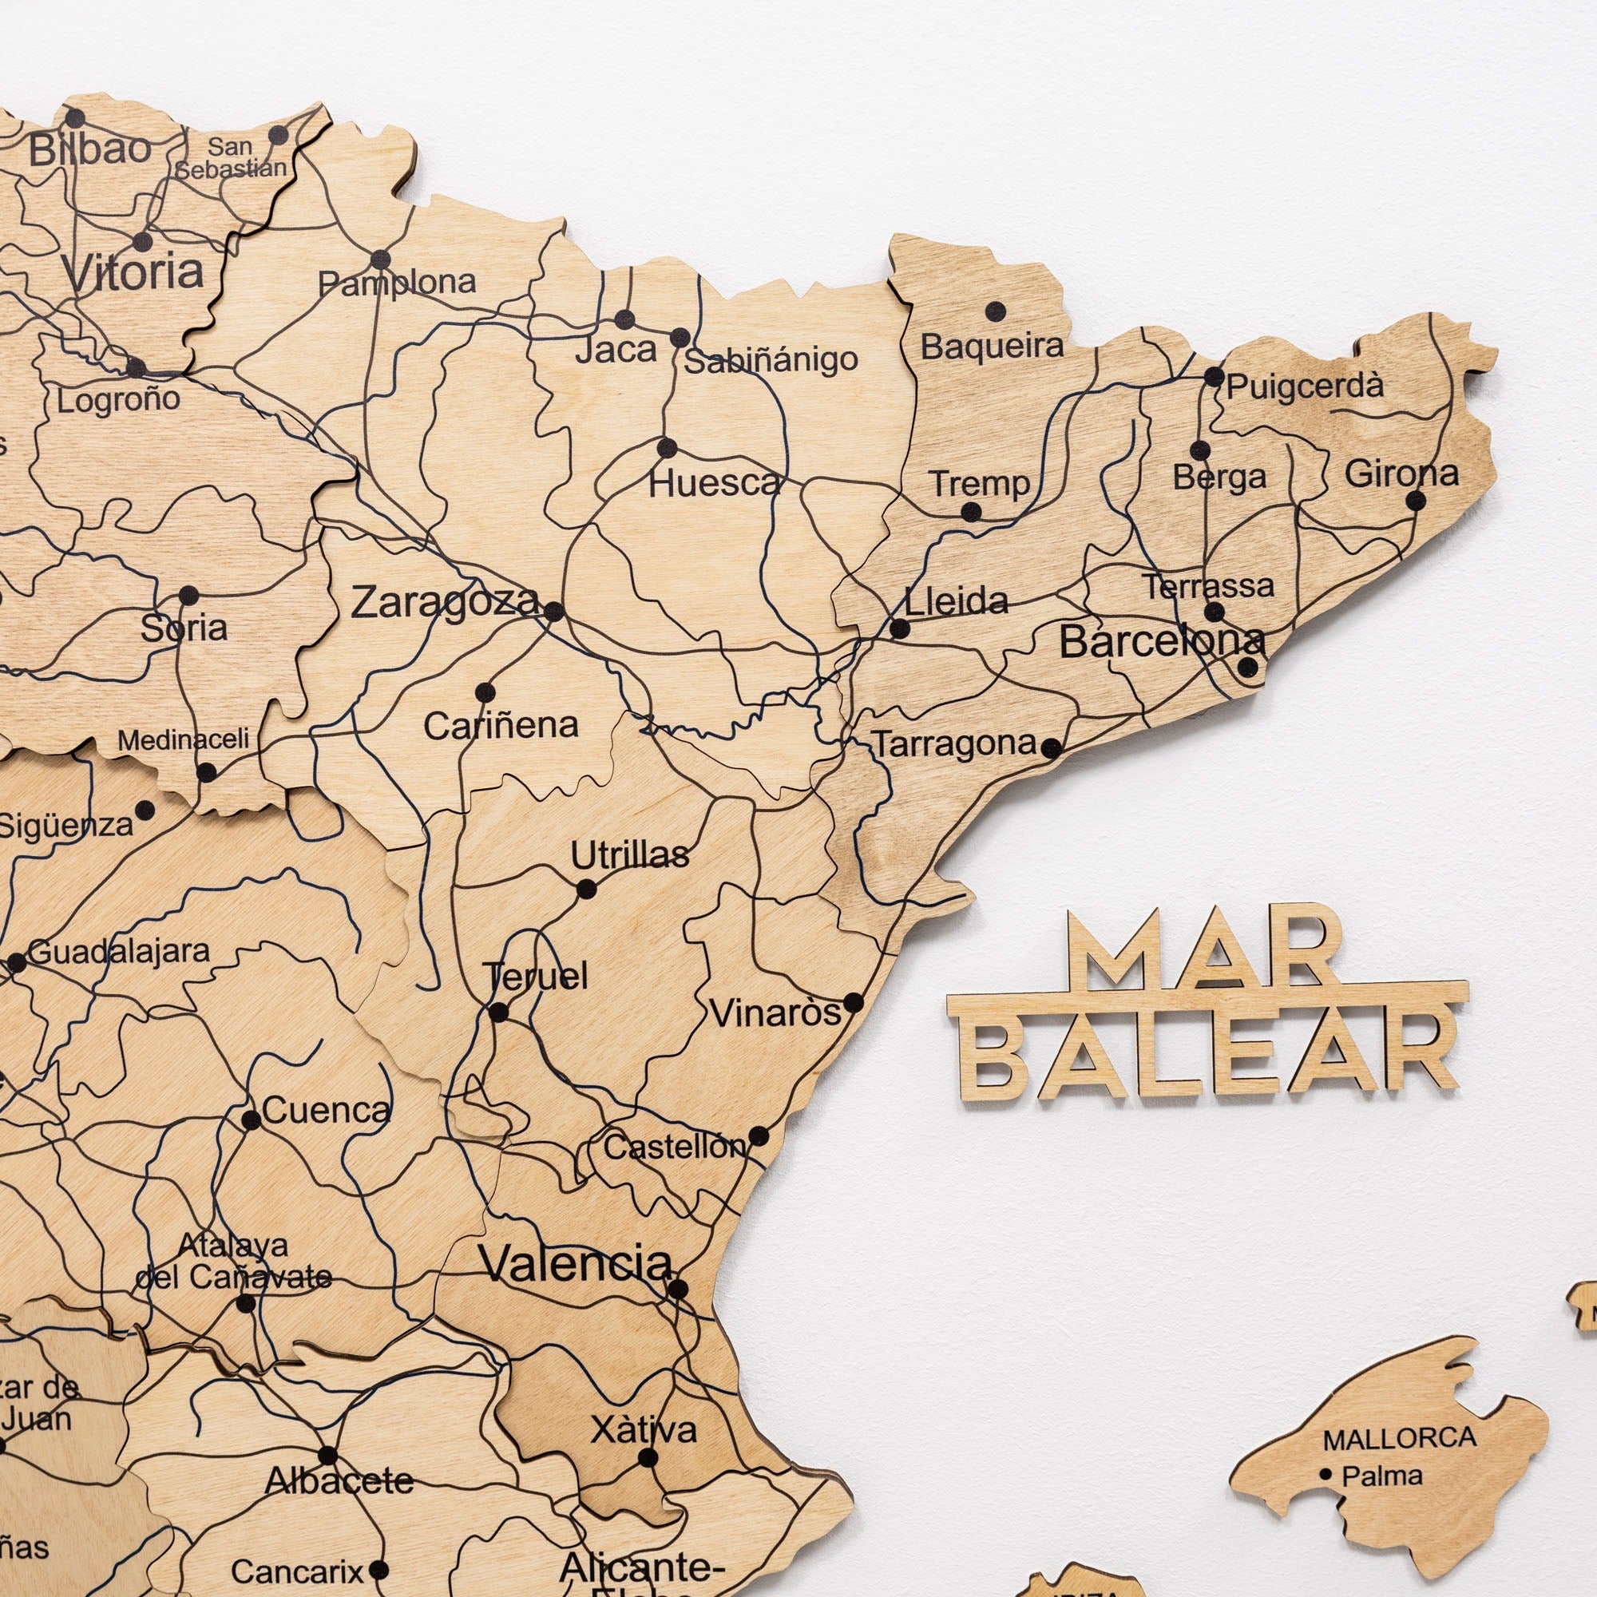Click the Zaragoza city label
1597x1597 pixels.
tap(444, 602)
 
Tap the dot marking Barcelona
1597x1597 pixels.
tap(1249, 667)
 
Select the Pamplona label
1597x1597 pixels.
tap(398, 283)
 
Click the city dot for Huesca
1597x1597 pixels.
tap(667, 448)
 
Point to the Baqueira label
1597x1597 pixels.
tap(992, 347)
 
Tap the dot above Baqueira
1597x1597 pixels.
tap(996, 311)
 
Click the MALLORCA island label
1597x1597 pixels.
tap(1400, 1439)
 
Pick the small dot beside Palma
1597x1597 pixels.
tap(1326, 1473)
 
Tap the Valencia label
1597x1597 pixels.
tap(577, 1262)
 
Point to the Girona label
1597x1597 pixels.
tap(1401, 474)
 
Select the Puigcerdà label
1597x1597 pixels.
tap(1305, 386)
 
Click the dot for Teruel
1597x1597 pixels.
tap(498, 1012)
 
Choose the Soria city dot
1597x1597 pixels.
tap(188, 595)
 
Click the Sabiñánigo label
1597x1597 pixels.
tap(772, 361)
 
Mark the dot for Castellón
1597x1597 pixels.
tap(758, 1135)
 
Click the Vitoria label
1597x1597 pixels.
tap(134, 272)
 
